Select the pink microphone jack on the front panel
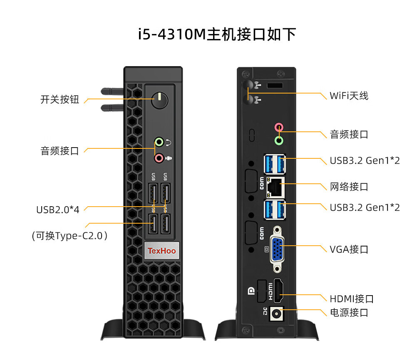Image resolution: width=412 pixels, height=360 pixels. [159, 158]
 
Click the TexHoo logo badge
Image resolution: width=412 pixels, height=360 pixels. [162, 251]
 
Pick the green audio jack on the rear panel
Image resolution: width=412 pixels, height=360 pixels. [279, 141]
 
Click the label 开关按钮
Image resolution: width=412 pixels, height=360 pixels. [60, 100]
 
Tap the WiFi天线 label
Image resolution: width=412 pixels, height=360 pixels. [349, 96]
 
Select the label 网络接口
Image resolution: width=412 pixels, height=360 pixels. [349, 187]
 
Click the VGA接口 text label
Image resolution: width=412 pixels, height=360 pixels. [349, 249]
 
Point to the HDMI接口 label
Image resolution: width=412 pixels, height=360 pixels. [351, 299]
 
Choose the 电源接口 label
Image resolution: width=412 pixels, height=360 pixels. [349, 313]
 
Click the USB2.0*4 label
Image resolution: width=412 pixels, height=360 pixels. [57, 210]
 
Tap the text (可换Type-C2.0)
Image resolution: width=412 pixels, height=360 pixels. [70, 236]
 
